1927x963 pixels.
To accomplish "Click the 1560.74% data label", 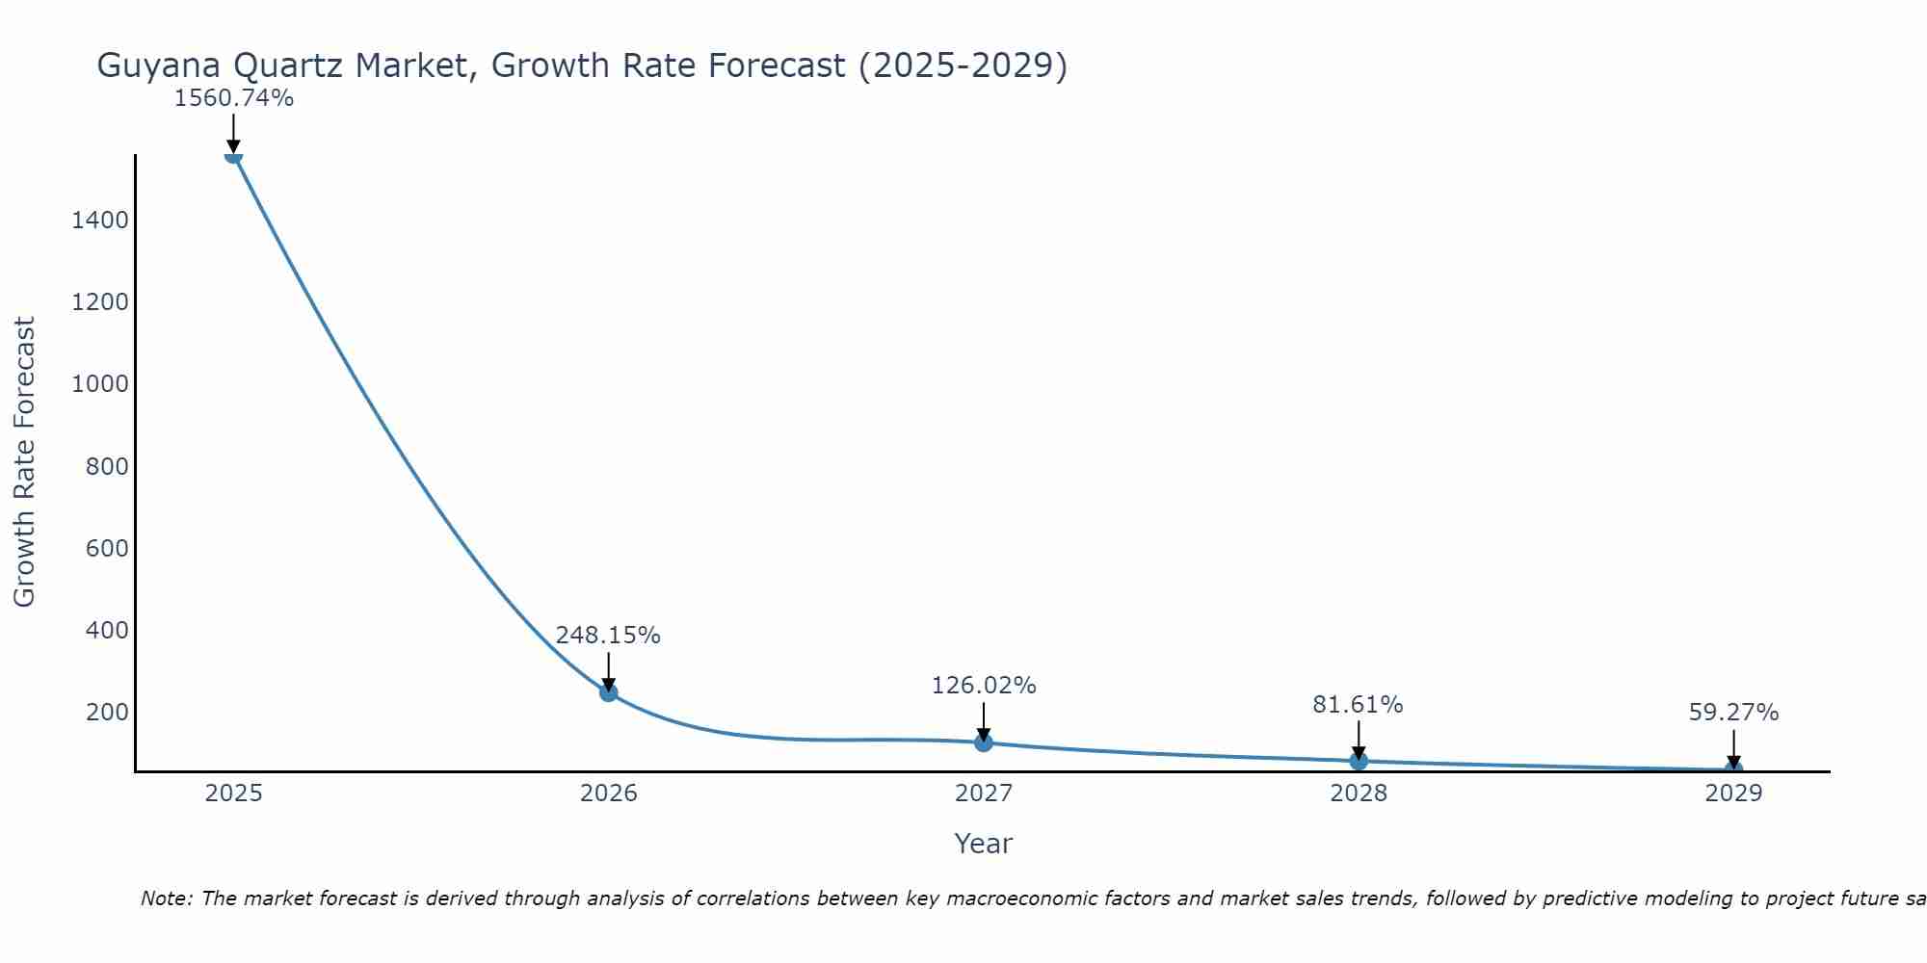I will pos(233,98).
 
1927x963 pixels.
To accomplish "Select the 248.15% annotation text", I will pos(608,636).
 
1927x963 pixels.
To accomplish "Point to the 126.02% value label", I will pos(984,686).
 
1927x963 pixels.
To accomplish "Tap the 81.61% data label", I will pos(1358,705).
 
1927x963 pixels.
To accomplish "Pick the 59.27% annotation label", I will pos(1733,713).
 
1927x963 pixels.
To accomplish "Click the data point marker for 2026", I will pos(608,691).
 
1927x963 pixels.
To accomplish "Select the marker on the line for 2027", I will pos(984,742).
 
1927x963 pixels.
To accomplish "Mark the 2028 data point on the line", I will pos(1359,761).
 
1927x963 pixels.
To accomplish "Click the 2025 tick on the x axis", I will pos(233,794).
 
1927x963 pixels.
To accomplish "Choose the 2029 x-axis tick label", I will pos(1733,794).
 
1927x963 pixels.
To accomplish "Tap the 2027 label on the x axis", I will pos(984,794).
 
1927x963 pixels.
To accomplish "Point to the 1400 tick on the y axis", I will pos(100,221).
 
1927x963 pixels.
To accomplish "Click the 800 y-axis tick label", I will pos(107,467).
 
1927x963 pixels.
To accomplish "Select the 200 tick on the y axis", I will pos(107,713).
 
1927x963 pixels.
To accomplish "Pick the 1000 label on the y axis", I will pos(100,384).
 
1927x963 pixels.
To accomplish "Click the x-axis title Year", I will pos(984,845).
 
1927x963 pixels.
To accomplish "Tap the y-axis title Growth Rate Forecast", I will pos(24,462).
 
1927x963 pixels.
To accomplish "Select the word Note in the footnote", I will pos(166,898).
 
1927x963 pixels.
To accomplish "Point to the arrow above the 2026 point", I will pos(608,671).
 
